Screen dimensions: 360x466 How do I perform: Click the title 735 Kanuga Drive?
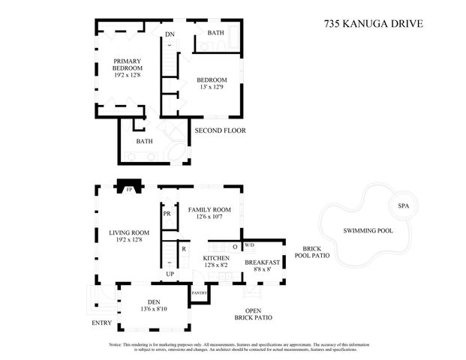[x=374, y=23]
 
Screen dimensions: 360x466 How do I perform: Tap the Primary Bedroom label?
[x=128, y=65]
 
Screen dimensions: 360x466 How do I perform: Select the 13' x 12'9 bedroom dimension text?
[x=212, y=88]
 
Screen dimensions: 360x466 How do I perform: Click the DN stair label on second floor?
[x=170, y=34]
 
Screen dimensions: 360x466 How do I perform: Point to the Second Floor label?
[x=220, y=130]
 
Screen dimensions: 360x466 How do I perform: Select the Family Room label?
[x=209, y=210]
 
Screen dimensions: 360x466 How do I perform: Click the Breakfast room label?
[x=263, y=262]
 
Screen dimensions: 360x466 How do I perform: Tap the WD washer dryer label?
[x=250, y=244]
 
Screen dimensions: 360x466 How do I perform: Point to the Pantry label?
[x=199, y=292]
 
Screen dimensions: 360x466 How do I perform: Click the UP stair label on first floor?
[x=170, y=274]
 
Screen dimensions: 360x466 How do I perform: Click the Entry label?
[x=102, y=323]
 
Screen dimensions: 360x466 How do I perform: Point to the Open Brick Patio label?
[x=254, y=314]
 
